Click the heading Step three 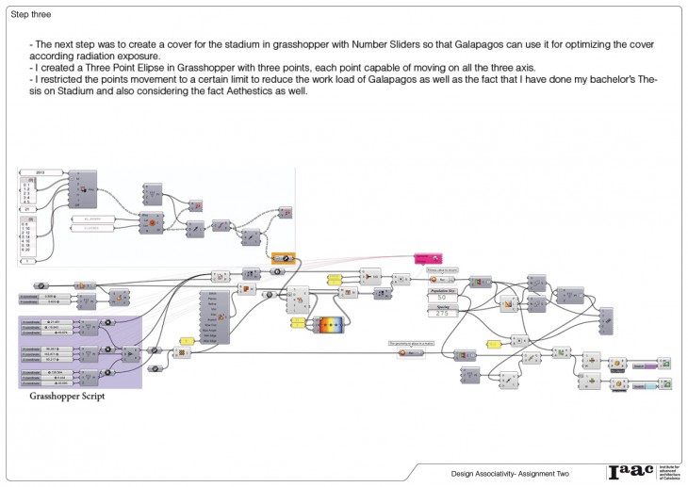tap(32, 16)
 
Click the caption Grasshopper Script tap(66, 398)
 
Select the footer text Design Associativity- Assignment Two tap(509, 472)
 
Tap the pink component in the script tap(428, 258)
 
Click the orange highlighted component tap(285, 258)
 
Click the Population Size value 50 tap(439, 299)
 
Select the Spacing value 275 tap(439, 313)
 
